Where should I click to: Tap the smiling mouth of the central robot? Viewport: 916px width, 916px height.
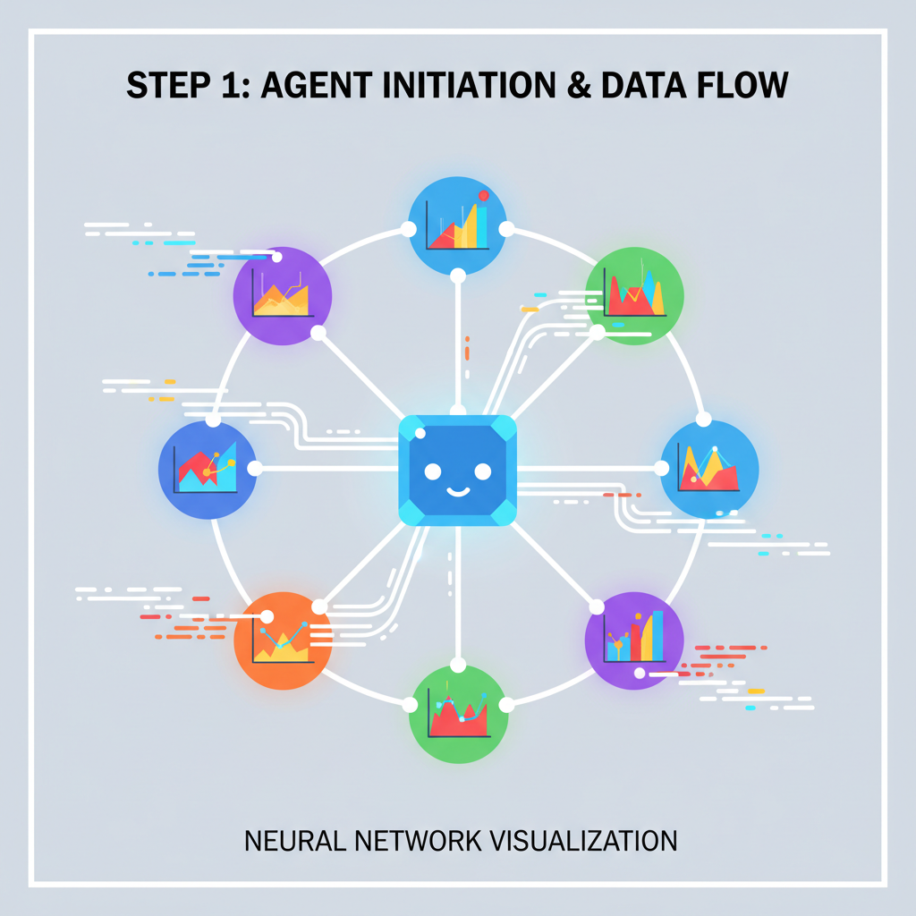[457, 489]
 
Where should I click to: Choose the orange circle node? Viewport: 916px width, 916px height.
[282, 640]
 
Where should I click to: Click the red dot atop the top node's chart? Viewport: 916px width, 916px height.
[484, 195]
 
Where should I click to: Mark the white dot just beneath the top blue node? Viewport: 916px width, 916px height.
[458, 274]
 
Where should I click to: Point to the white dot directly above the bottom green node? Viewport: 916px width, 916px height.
[458, 664]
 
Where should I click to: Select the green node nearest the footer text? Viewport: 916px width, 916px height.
[458, 714]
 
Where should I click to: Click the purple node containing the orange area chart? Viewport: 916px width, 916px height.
[282, 295]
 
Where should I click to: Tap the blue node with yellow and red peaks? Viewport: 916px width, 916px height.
[709, 469]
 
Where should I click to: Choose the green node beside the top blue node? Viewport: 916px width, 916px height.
[635, 295]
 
